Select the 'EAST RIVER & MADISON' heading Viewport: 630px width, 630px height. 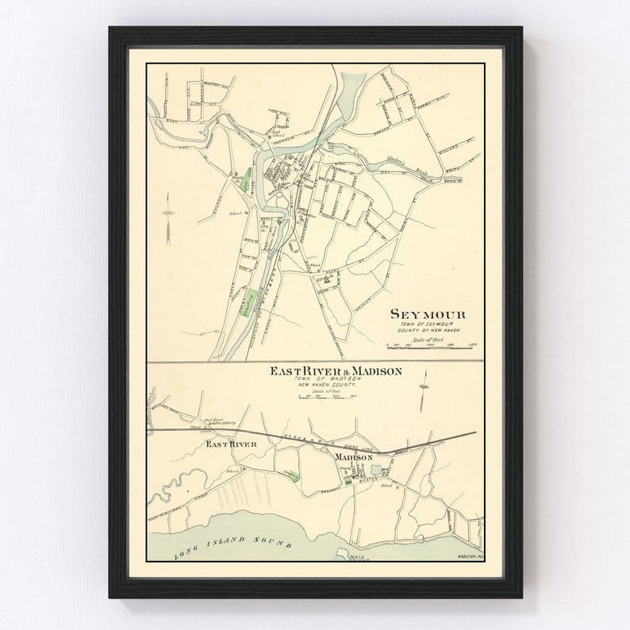[x=336, y=371]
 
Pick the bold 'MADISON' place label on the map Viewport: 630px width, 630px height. [x=353, y=459]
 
